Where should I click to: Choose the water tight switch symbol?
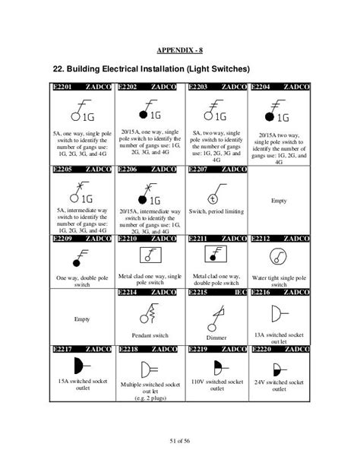pyautogui.click(x=281, y=257)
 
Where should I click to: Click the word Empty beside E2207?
pyautogui.click(x=279, y=201)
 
